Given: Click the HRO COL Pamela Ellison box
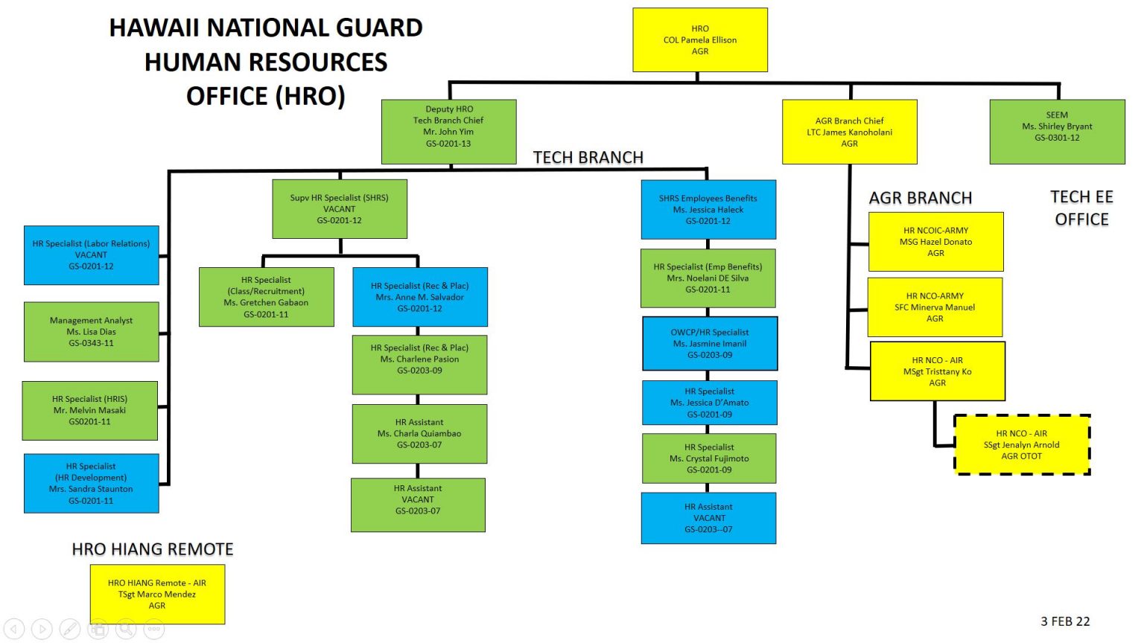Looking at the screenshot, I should coord(699,40).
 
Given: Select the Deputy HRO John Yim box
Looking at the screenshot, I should coord(448,131).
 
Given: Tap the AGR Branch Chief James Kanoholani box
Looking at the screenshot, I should coord(849,132).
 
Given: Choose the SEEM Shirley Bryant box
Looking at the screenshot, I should coord(1057,131).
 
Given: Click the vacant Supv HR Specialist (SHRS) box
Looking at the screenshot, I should coord(340,208).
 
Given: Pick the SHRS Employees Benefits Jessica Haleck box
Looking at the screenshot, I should coord(708,209).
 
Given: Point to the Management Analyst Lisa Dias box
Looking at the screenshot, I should coord(91,332).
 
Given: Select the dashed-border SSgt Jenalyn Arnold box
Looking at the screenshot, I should coord(1022,445).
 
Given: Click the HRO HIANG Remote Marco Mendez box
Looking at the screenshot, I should coord(157,594).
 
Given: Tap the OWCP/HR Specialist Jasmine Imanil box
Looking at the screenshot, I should coord(710,344).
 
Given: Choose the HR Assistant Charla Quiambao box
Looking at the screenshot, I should coord(419,434).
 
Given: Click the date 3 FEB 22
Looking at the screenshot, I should coord(1065,621).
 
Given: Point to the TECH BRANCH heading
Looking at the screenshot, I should coord(588,158).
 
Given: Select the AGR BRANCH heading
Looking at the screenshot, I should coord(921,198).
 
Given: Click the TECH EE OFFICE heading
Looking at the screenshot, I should coord(1081,208).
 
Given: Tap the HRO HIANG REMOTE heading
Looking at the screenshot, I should coord(153,549).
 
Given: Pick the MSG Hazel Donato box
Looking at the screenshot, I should coord(935,242).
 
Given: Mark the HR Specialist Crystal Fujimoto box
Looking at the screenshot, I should coord(709,458).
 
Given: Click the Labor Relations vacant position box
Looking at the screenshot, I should coord(91,255).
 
